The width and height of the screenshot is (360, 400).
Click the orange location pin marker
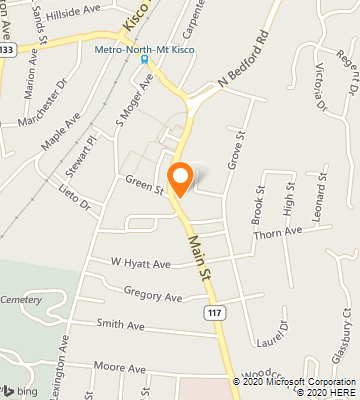click(x=180, y=178)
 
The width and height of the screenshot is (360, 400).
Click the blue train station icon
click(x=144, y=59)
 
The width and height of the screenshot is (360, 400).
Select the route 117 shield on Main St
click(x=213, y=313)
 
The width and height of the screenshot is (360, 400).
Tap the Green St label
click(x=144, y=182)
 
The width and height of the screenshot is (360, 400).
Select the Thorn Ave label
click(x=278, y=231)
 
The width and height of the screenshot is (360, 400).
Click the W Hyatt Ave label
click(x=140, y=264)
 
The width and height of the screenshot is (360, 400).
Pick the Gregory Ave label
click(x=152, y=296)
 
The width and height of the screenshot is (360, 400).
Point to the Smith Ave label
click(x=120, y=324)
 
